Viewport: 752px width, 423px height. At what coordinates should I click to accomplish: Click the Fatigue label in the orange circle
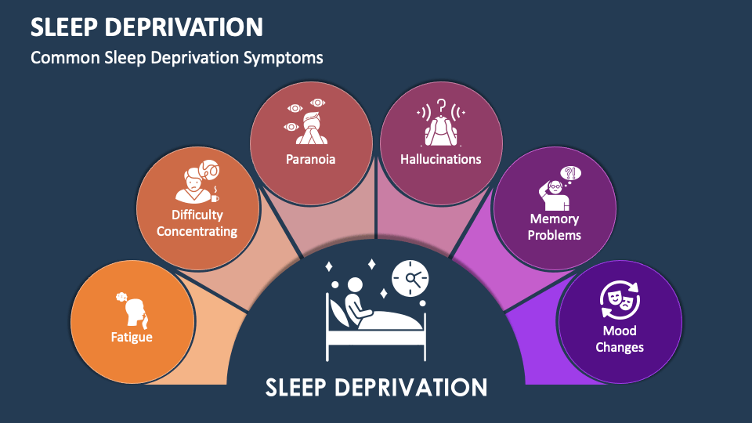click(131, 338)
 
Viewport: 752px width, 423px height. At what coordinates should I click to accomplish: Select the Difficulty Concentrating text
click(197, 223)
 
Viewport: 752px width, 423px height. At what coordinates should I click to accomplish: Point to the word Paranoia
click(310, 159)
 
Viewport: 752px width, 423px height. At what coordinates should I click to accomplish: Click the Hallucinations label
click(441, 159)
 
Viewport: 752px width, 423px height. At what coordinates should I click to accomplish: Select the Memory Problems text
click(555, 227)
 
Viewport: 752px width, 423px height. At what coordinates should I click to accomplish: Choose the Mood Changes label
click(619, 339)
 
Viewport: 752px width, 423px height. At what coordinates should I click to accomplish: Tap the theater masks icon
click(619, 300)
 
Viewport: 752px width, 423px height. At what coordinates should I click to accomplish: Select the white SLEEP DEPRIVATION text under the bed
click(376, 387)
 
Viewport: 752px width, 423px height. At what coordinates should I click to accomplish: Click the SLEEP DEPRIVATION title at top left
click(147, 27)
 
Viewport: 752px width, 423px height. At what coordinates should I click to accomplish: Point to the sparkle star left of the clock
click(373, 265)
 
